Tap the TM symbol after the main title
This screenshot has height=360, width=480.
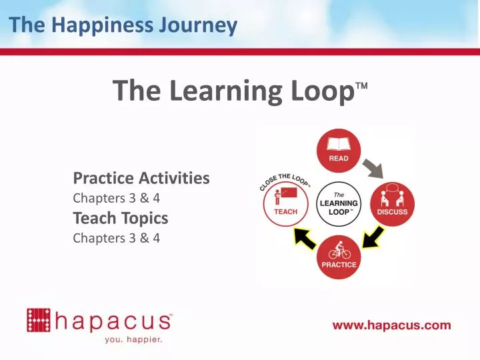(361, 87)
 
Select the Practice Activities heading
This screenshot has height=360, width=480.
(141, 178)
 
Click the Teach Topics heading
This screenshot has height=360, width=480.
(120, 218)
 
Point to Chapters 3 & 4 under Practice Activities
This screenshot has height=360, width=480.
(116, 198)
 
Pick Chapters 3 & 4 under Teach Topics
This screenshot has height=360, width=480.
(116, 238)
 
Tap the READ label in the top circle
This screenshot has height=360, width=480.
(339, 159)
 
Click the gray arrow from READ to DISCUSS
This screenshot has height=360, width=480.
(373, 167)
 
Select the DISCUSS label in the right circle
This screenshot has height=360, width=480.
(392, 212)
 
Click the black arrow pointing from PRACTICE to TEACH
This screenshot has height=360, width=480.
(305, 237)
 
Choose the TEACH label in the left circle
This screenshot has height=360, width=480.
(286, 212)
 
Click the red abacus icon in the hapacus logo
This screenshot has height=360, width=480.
(38, 320)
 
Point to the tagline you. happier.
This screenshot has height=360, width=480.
(134, 339)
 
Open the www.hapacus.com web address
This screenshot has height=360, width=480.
(392, 326)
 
